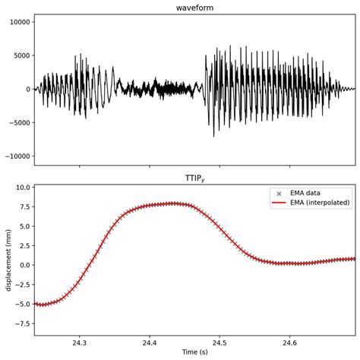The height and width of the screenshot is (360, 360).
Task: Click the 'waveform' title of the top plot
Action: point(194,8)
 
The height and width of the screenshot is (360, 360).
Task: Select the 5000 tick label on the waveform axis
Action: point(21,56)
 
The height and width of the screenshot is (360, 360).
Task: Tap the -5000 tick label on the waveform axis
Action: point(18,123)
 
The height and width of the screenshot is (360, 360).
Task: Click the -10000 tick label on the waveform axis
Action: point(16,156)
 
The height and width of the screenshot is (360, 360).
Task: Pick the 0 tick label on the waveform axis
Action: point(28,90)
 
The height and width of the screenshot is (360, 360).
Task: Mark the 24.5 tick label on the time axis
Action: point(219,342)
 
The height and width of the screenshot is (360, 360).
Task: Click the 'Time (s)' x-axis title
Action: point(194,353)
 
